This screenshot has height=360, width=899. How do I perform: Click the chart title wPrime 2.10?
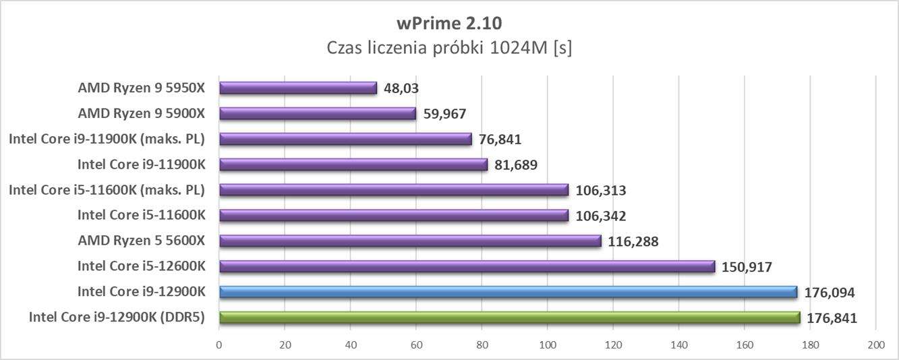(449, 24)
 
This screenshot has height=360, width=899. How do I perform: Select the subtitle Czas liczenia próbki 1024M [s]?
(449, 49)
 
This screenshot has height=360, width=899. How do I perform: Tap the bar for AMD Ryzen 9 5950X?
(297, 88)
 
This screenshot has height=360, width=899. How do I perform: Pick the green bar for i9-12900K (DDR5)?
(509, 318)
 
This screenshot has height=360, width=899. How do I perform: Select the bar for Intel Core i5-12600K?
(467, 266)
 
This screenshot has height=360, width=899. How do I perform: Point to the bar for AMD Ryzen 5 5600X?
(410, 241)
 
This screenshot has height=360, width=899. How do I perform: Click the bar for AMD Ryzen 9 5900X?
(317, 113)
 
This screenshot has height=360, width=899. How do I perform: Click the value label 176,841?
(832, 318)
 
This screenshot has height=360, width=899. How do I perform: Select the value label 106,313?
(601, 190)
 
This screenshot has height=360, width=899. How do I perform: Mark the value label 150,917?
(747, 267)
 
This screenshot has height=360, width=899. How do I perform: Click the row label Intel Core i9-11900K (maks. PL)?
(107, 139)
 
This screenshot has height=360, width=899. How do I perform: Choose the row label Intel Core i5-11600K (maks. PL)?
(107, 190)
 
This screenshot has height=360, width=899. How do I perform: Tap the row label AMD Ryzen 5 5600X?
(141, 241)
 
